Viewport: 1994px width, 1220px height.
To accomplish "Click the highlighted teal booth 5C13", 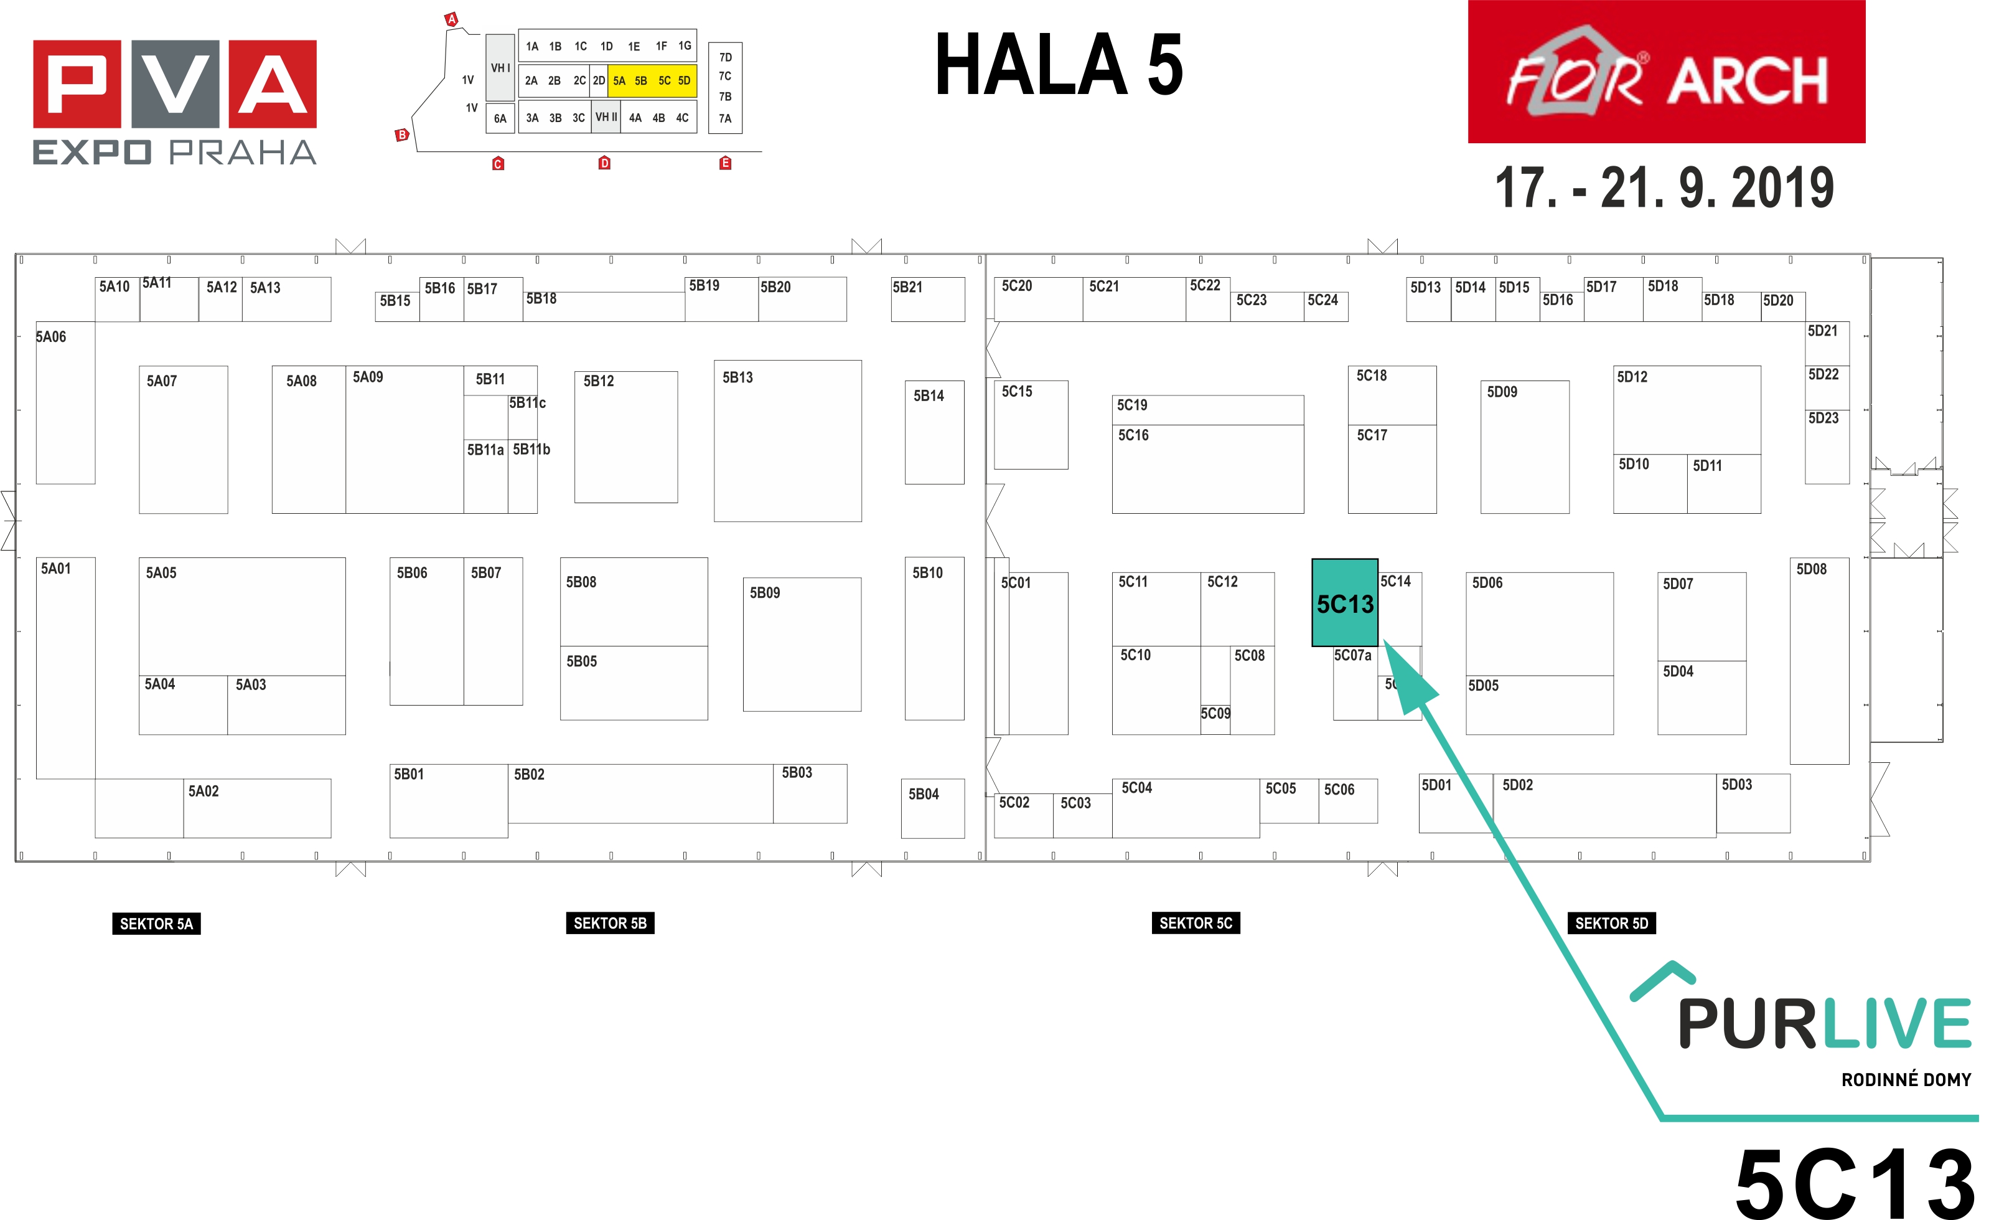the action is pyautogui.click(x=1344, y=602).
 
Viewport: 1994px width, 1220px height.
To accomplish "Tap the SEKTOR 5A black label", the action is pyautogui.click(x=156, y=924).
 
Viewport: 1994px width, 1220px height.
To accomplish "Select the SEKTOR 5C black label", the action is pyautogui.click(x=1196, y=923).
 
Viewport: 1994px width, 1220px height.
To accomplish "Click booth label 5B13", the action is pyautogui.click(x=737, y=377).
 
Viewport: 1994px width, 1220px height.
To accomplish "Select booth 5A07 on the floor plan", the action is pyautogui.click(x=183, y=440).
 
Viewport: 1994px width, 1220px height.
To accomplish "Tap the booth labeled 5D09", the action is pyautogui.click(x=1525, y=447).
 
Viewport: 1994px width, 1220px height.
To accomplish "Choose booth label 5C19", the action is pyautogui.click(x=1132, y=405).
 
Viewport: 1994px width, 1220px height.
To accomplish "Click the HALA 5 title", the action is pyautogui.click(x=1059, y=65).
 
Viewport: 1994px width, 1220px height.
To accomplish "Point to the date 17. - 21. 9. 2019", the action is pyautogui.click(x=1664, y=188).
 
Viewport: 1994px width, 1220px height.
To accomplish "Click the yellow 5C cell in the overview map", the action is pyautogui.click(x=665, y=81).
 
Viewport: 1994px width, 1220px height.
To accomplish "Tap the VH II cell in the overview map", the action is pyautogui.click(x=606, y=117).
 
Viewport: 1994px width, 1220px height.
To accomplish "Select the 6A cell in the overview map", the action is pyautogui.click(x=500, y=118).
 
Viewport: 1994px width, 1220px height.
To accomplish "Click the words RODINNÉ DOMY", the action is pyautogui.click(x=1906, y=1079).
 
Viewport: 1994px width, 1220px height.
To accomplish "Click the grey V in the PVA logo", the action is pyautogui.click(x=176, y=84).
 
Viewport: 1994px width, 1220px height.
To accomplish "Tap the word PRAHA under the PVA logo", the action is pyautogui.click(x=243, y=152).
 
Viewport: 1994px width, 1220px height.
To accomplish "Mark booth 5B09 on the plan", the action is pyautogui.click(x=802, y=645).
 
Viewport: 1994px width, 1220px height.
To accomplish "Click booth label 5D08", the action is pyautogui.click(x=1811, y=569).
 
